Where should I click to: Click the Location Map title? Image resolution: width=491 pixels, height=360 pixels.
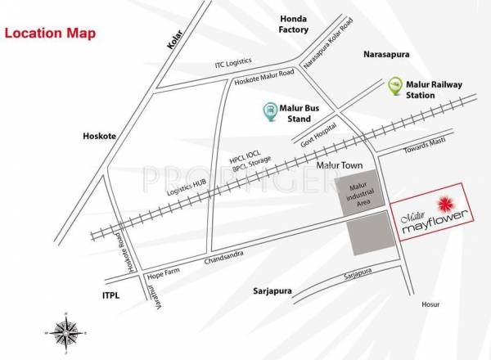(x=50, y=34)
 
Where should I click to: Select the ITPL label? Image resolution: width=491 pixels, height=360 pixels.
(x=111, y=295)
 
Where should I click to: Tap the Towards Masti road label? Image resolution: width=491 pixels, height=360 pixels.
(x=423, y=148)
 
